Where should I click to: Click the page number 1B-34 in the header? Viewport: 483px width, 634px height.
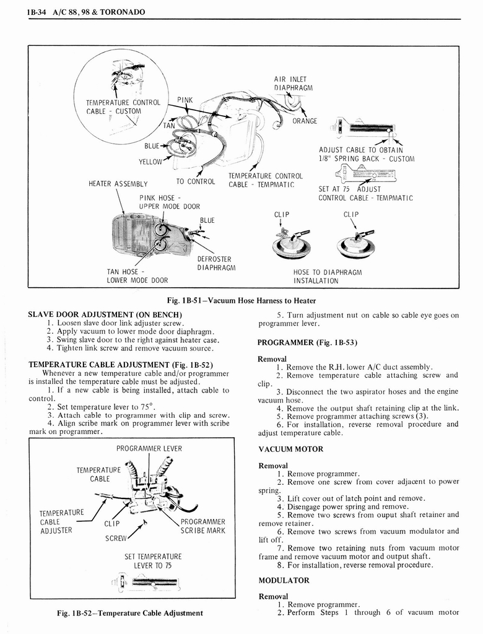38,12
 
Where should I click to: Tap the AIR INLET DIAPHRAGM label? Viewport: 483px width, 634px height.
290,83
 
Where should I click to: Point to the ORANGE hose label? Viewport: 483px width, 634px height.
305,121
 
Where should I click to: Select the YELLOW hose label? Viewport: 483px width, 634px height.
150,162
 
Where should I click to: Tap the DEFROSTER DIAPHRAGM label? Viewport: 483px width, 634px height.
214,263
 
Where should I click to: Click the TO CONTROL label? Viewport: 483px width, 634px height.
195,181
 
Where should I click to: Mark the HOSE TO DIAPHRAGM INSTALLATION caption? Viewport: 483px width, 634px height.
327,276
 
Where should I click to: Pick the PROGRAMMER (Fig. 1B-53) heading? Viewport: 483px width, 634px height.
307,342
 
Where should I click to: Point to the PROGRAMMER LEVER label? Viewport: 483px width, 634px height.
149,448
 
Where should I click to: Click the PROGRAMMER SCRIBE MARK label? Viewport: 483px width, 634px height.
202,526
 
